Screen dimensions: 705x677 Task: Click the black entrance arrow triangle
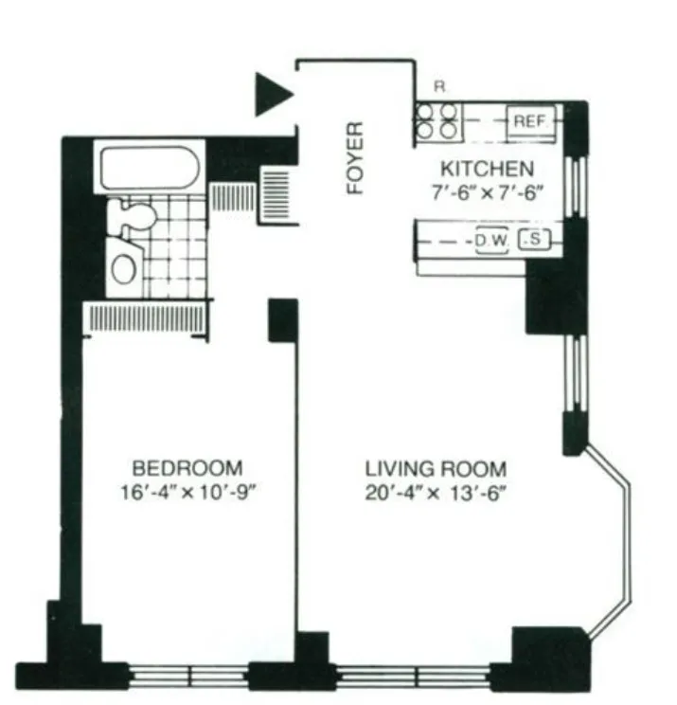coord(273,96)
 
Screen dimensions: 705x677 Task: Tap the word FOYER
coord(355,157)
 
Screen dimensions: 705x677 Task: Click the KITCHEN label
coord(486,171)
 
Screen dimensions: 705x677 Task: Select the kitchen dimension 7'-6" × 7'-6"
coord(486,190)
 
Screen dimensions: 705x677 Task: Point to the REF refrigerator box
coord(526,121)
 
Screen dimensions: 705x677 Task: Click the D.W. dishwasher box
coord(492,241)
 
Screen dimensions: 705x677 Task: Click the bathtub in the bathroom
coord(149,168)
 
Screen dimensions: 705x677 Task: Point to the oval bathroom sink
coord(124,268)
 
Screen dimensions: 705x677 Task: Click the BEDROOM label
coord(187,468)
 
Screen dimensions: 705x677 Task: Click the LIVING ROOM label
coord(436,469)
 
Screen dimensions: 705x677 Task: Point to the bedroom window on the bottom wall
coord(189,676)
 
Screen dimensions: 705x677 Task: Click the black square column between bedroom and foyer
coord(283,320)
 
